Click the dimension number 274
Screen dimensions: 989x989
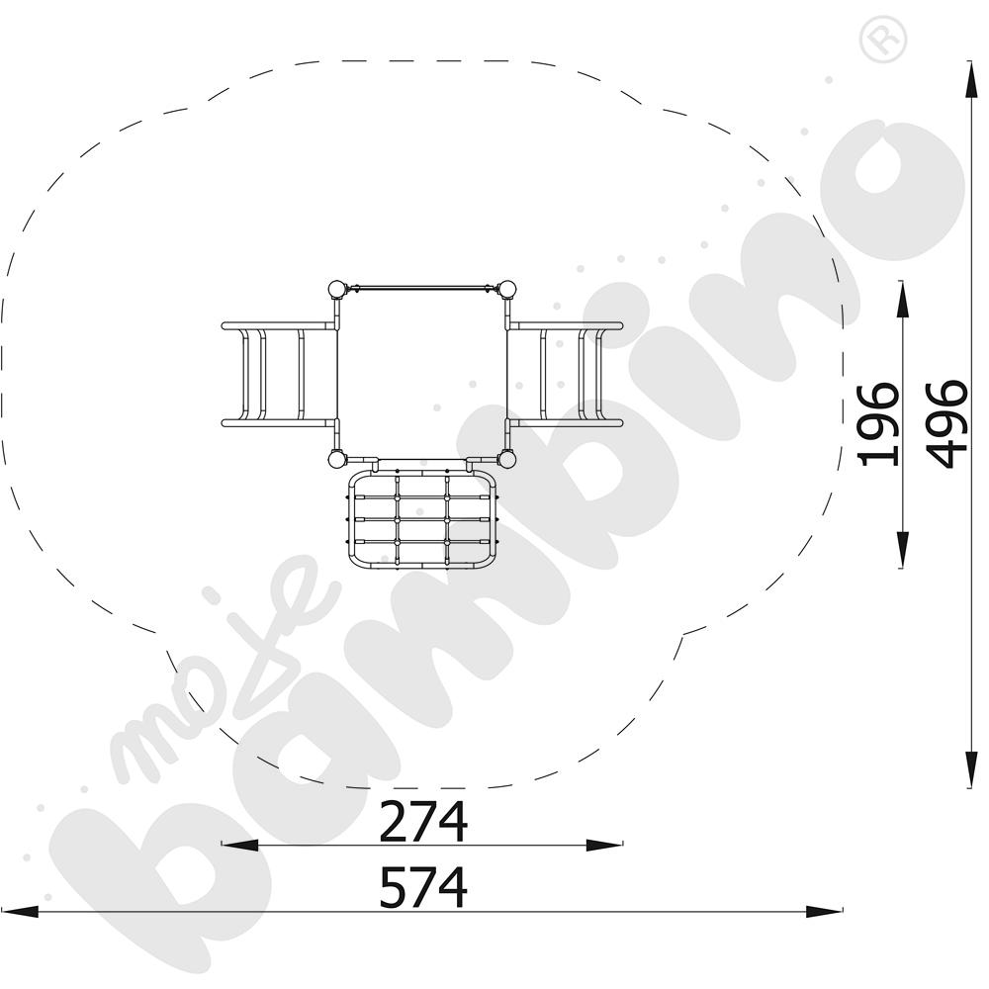(422, 822)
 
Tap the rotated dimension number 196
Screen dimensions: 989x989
(878, 423)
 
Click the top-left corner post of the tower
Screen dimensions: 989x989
(336, 290)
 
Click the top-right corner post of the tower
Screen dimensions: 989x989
(507, 290)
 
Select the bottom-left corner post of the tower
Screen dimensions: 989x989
(336, 459)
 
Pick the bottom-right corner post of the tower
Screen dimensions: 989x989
(507, 459)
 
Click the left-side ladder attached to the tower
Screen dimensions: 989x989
(277, 375)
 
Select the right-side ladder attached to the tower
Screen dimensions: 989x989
(567, 375)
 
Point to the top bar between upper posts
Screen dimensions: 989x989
(422, 288)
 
